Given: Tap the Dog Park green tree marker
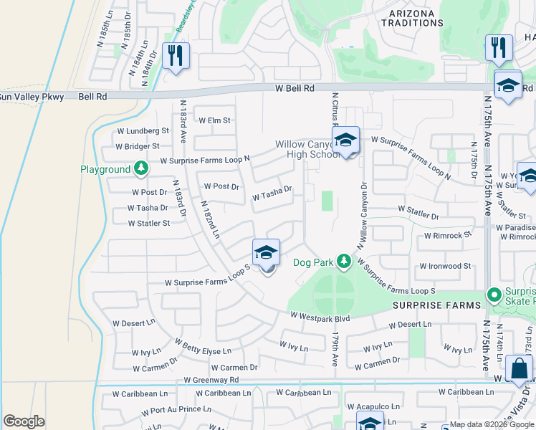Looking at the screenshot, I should tap(344, 261).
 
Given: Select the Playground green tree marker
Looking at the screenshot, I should tap(141, 168).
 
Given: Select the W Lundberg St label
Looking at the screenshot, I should tap(143, 131).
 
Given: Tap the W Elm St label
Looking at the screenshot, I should tap(214, 120).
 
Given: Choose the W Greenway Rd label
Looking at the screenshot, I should tap(211, 380).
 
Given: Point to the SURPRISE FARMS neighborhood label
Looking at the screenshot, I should tap(436, 305).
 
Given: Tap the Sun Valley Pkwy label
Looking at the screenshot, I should tap(32, 97).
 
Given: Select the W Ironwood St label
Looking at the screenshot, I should tap(445, 266).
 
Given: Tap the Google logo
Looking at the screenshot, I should tap(24, 421).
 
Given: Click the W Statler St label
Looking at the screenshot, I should tap(148, 223).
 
